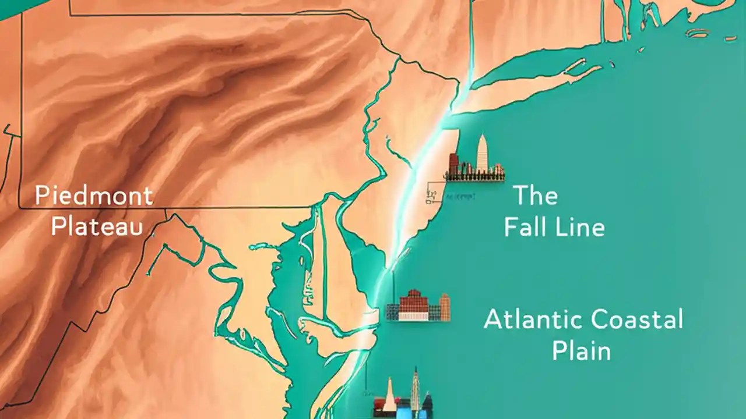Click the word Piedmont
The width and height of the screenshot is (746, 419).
94,196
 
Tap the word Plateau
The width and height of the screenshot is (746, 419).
96,226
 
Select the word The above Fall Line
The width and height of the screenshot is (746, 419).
535,196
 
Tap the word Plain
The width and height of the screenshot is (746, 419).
581,351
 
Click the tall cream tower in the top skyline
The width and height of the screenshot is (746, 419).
482,152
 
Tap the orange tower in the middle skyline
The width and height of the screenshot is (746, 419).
445,307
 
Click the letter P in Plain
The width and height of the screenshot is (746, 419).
558,351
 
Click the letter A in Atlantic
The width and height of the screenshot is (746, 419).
494,320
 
